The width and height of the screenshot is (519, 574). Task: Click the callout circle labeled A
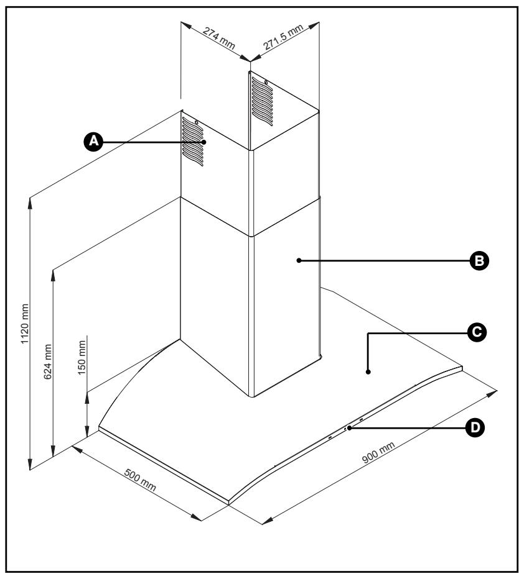click(93, 141)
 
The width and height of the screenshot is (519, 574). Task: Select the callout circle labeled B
click(479, 261)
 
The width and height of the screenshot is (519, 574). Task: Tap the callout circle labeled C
click(477, 332)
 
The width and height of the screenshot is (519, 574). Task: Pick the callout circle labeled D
click(475, 427)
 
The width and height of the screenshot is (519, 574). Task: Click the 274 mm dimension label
click(218, 38)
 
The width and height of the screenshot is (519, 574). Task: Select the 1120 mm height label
click(25, 324)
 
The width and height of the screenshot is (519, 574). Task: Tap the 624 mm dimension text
click(48, 362)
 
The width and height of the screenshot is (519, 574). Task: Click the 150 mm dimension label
click(82, 357)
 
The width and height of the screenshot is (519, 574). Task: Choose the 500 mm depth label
click(140, 480)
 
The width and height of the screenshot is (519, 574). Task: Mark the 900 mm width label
click(378, 452)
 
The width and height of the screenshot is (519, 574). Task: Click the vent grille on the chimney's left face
click(193, 142)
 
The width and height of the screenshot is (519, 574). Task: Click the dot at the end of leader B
click(299, 260)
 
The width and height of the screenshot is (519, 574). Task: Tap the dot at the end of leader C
click(368, 372)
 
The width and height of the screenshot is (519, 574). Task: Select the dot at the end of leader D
click(350, 427)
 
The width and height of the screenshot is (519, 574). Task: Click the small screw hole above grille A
click(197, 122)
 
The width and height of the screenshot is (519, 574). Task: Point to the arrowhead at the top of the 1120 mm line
click(30, 202)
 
